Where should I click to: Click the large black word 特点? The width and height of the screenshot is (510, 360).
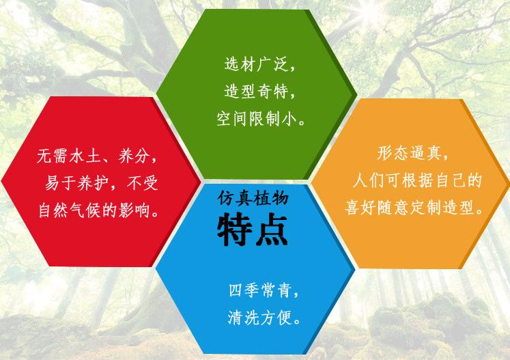(253, 230)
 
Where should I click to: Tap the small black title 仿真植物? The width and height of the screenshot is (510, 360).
(253, 198)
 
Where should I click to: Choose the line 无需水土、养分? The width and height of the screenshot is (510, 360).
(97, 156)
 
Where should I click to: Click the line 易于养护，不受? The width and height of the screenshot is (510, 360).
(102, 183)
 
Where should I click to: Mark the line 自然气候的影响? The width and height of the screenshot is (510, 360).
(99, 210)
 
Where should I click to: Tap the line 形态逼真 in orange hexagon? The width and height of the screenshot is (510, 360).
(412, 153)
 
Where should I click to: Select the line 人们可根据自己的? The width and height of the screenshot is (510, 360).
(417, 180)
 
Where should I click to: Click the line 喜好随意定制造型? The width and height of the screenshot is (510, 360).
(414, 208)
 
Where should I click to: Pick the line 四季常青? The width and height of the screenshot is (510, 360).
(264, 290)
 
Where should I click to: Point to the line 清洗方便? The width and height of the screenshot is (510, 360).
(264, 318)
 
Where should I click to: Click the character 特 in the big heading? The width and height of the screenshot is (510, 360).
(234, 230)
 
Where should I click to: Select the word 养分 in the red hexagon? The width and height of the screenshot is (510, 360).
(134, 156)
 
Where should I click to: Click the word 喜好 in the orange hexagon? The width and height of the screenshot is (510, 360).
(360, 208)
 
